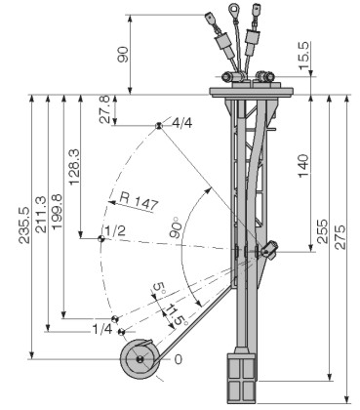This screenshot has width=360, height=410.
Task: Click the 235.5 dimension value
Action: click(x=24, y=225)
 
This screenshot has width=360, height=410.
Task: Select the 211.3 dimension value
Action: click(x=41, y=215)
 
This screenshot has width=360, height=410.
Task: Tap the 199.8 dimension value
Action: click(x=58, y=212)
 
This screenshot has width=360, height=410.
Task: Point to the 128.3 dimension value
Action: click(x=74, y=167)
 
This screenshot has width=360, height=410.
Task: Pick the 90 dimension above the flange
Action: click(x=123, y=55)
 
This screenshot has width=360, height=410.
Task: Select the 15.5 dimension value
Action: click(x=304, y=56)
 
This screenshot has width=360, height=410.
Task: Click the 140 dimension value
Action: click(x=303, y=166)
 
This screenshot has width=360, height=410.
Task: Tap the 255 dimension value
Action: click(x=322, y=231)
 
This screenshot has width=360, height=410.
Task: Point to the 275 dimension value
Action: click(x=340, y=237)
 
